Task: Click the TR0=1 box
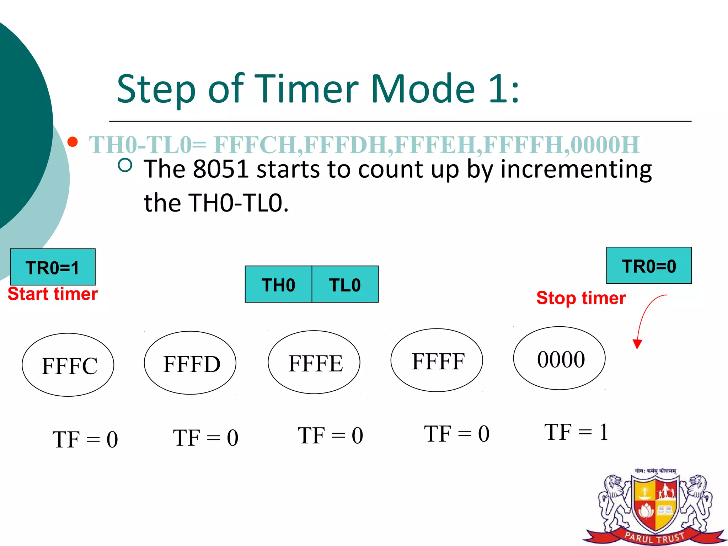tap(53, 267)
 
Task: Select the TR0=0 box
tap(649, 266)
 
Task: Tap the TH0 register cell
tap(278, 284)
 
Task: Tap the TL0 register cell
tap(345, 284)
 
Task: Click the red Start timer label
tap(53, 294)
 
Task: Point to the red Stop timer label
tap(581, 298)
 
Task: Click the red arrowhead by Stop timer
tap(637, 344)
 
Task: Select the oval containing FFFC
tap(68, 365)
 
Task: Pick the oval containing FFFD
tap(190, 363)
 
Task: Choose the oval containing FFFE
tap(314, 362)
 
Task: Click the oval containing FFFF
tap(437, 360)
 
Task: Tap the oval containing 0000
tap(559, 358)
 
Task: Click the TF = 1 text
tap(576, 432)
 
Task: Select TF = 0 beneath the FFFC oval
tap(85, 439)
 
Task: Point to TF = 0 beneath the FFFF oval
tap(456, 434)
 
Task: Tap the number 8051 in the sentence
tap(220, 169)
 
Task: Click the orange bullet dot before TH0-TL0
tap(73, 142)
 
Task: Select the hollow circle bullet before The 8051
tap(125, 165)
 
